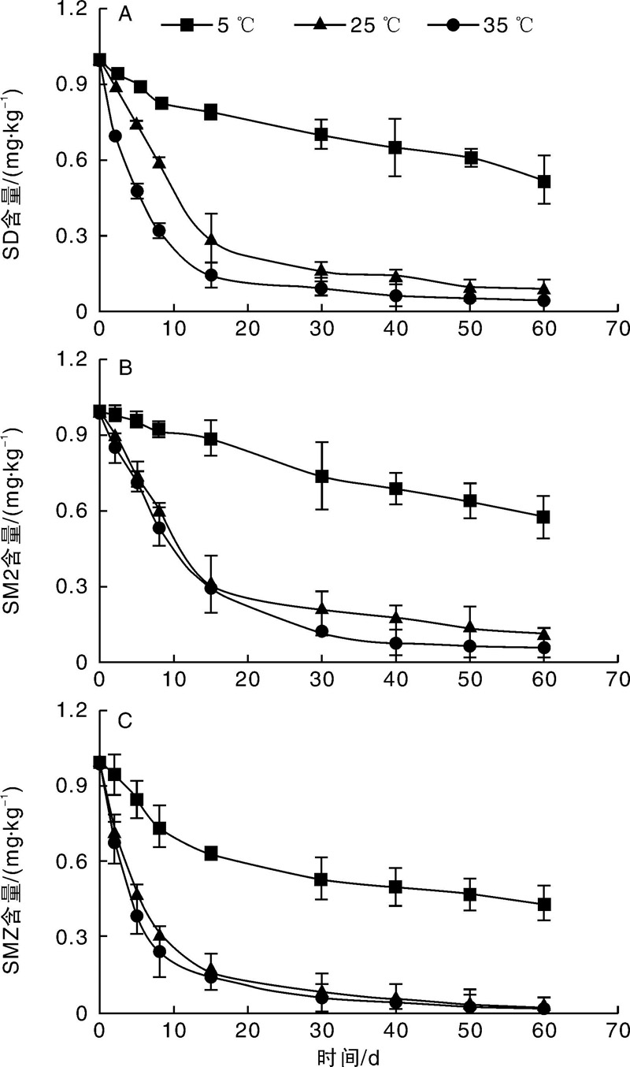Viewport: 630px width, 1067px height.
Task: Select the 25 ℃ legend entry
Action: (347, 24)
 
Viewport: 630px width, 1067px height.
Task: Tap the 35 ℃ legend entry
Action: (481, 24)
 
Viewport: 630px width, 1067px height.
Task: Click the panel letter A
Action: (124, 15)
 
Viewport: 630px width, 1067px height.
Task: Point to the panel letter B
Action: (124, 368)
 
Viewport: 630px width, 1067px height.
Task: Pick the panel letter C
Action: (124, 721)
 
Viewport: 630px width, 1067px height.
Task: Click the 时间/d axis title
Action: (348, 1058)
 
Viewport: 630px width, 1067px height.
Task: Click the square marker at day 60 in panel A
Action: (544, 181)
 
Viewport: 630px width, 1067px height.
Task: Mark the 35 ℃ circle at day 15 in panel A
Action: (211, 275)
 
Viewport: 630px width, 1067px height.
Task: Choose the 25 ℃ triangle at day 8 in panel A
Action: (159, 162)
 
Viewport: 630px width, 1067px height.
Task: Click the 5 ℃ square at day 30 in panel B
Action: (322, 476)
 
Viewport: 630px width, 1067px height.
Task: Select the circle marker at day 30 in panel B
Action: (322, 632)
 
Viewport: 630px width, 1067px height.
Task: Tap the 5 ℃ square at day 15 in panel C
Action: (211, 853)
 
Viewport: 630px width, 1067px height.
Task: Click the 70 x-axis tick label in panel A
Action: (618, 329)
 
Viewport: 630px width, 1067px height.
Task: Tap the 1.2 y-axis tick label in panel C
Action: (72, 710)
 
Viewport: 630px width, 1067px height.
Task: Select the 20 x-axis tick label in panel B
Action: (247, 679)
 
